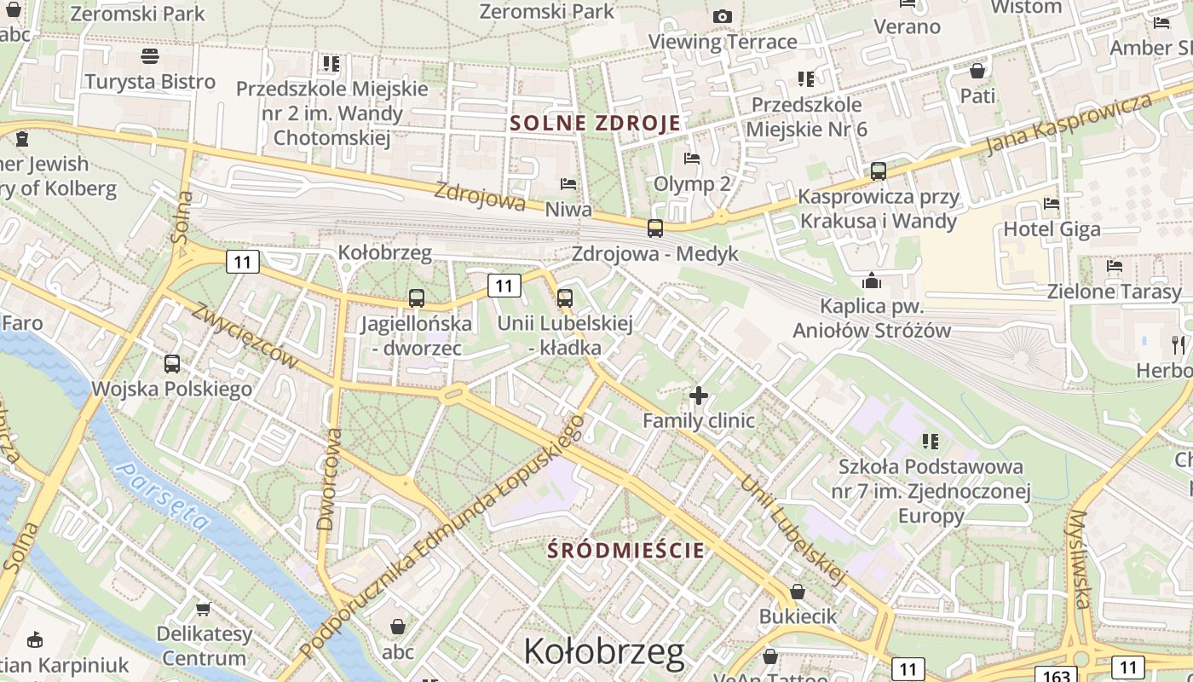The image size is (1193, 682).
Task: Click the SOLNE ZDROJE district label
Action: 596,123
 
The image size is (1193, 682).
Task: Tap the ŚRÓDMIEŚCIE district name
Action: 626,550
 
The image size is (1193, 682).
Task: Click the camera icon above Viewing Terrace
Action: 723,16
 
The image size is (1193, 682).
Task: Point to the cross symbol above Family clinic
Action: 699,396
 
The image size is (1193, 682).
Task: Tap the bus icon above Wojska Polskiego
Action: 172,364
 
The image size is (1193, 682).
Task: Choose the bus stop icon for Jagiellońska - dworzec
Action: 416,298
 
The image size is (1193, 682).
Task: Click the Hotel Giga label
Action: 1052,228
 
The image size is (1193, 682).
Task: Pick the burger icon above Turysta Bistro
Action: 150,57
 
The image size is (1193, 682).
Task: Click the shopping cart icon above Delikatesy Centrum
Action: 203,609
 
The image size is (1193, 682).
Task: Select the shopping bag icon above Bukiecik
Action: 798,591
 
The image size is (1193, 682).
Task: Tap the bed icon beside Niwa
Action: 568,184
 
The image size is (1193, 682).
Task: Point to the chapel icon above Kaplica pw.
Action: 871,280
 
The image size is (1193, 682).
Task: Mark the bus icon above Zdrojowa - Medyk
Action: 654,228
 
